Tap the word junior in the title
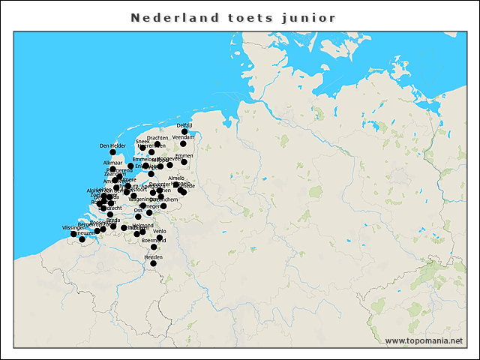click(x=309, y=17)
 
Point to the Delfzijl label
click(x=184, y=125)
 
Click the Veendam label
click(x=183, y=138)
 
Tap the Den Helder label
click(x=112, y=145)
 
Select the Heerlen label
click(x=153, y=256)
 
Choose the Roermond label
click(x=153, y=240)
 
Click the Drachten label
click(x=157, y=138)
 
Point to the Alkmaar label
click(x=112, y=163)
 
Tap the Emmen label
click(x=184, y=155)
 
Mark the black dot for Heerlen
click(x=153, y=263)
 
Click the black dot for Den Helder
click(x=112, y=152)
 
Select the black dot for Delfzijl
click(x=184, y=131)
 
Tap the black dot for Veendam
click(x=183, y=144)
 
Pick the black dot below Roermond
click(x=154, y=247)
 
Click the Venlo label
click(x=160, y=232)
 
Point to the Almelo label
click(x=176, y=178)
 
